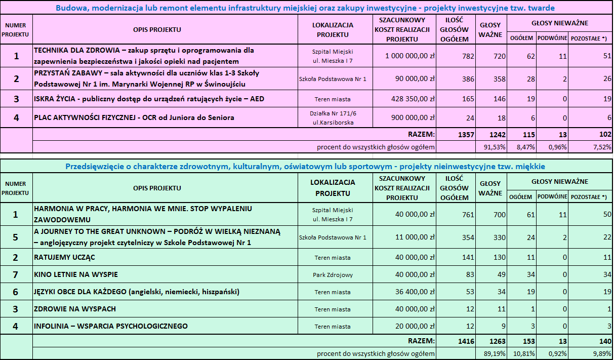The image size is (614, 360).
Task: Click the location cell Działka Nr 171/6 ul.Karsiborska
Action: coord(333,117)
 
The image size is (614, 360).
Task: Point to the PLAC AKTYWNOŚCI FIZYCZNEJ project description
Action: coord(134,118)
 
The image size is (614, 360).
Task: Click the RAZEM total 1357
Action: coord(457,135)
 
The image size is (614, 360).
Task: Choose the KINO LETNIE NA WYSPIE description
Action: coord(76,274)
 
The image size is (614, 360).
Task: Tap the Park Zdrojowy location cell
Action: coord(333,275)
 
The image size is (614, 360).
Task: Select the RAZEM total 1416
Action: coord(457,341)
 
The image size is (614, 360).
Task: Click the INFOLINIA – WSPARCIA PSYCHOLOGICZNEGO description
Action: coord(111,326)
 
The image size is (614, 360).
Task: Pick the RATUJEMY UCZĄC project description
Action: coord(64,257)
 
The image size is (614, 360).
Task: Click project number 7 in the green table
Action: coord(16,274)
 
